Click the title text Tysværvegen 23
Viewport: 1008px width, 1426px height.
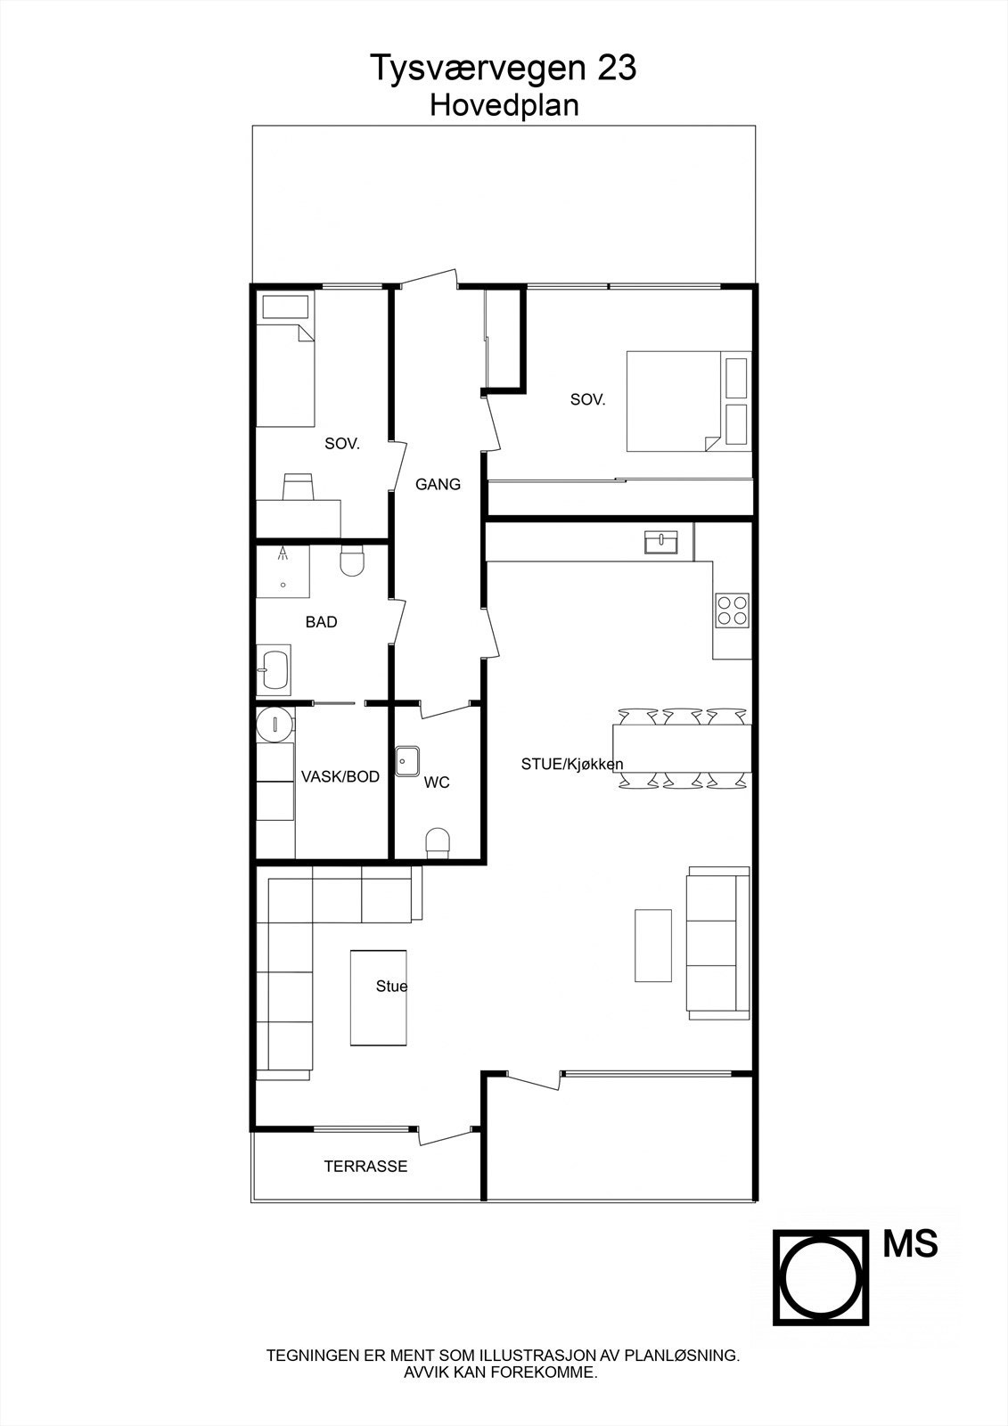click(504, 68)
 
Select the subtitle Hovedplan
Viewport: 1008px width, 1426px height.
click(504, 105)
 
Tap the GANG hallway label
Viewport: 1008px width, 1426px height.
click(438, 485)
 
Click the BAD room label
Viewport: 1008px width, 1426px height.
click(321, 622)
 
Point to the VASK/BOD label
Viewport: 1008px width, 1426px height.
click(340, 776)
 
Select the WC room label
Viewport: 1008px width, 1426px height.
click(437, 783)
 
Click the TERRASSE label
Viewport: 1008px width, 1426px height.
click(365, 1166)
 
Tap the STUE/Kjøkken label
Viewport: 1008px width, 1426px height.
click(572, 764)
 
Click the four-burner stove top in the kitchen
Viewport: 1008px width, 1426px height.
click(732, 610)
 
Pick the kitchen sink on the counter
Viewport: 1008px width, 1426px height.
click(661, 541)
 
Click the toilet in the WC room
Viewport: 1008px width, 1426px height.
click(438, 842)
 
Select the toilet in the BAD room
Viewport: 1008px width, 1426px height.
click(353, 561)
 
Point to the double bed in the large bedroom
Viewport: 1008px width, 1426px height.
click(673, 401)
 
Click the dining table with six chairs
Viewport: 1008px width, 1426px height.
click(682, 749)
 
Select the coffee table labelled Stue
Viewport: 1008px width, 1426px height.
click(379, 997)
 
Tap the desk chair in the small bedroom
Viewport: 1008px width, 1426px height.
click(298, 487)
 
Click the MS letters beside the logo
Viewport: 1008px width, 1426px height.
click(910, 1244)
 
